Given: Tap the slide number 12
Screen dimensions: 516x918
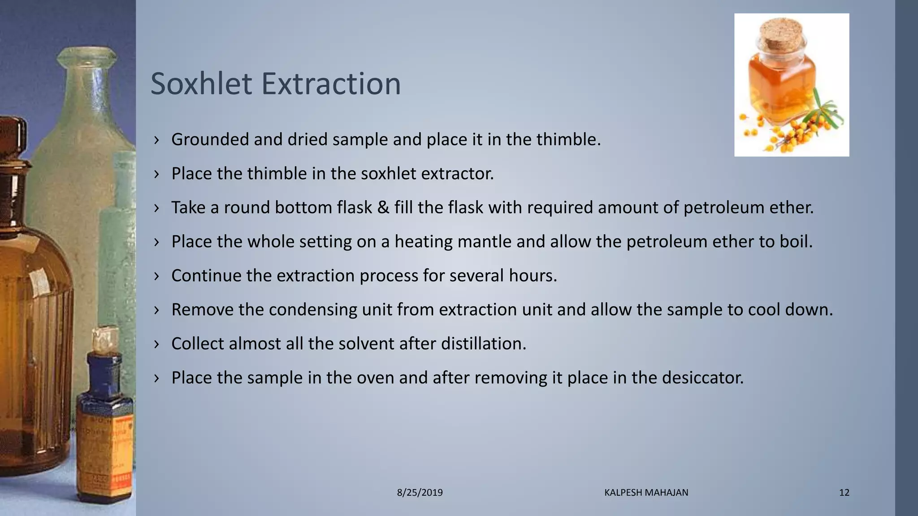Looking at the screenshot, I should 844,493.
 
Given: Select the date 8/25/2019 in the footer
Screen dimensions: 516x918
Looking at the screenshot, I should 420,493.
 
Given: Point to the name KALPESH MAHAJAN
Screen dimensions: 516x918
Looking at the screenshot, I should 646,493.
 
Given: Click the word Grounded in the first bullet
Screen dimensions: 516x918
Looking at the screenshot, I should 210,140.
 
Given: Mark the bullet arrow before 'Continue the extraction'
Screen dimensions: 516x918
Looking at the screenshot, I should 156,275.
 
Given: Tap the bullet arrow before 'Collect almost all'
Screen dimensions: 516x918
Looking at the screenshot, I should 156,344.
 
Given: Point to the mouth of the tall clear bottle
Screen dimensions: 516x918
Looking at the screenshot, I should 87,56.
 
